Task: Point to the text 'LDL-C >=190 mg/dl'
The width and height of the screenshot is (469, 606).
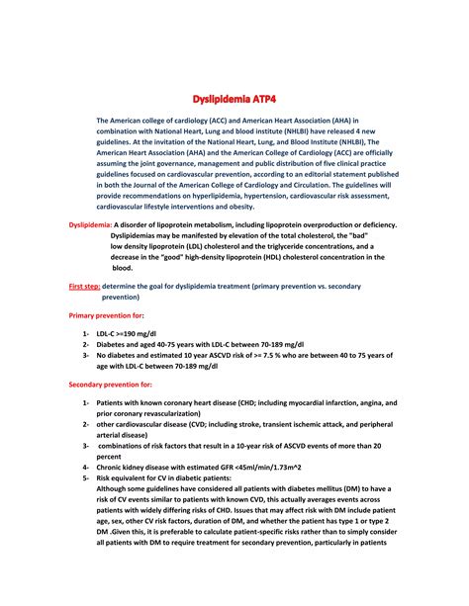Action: point(131,334)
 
